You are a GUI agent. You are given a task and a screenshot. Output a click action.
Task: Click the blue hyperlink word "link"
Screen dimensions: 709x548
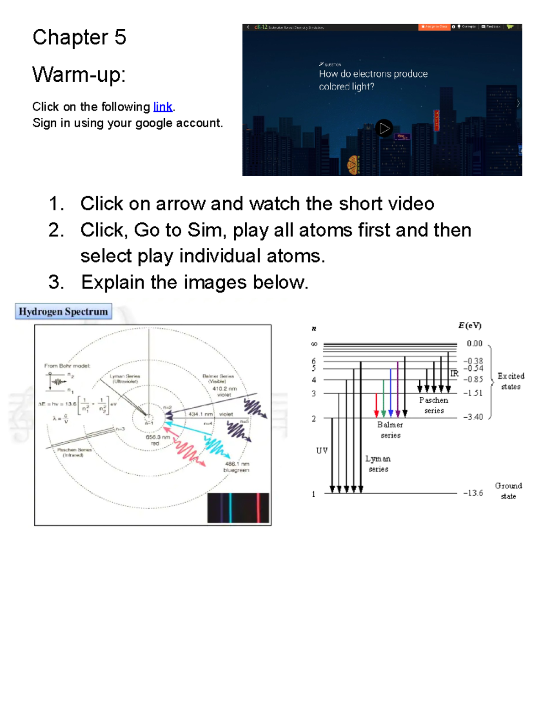(x=163, y=107)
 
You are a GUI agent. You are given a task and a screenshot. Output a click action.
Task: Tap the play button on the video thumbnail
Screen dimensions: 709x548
(x=384, y=128)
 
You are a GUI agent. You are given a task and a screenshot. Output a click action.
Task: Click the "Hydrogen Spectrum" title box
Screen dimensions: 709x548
(x=63, y=311)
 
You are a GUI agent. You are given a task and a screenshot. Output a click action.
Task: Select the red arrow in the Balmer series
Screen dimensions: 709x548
(x=376, y=404)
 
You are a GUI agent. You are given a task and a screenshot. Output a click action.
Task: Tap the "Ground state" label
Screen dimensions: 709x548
(x=508, y=491)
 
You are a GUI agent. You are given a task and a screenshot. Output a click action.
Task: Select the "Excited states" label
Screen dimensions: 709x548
(x=511, y=381)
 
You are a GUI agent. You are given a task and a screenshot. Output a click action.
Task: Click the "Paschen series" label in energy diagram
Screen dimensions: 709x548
(x=434, y=405)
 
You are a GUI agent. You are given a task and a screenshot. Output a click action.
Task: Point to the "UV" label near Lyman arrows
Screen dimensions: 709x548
(x=322, y=451)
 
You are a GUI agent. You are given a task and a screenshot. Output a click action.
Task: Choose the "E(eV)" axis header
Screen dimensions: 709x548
(x=469, y=326)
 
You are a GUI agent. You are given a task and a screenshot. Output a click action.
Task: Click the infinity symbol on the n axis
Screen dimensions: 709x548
(x=314, y=344)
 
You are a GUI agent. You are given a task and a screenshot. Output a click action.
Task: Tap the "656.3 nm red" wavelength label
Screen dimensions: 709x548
(x=158, y=440)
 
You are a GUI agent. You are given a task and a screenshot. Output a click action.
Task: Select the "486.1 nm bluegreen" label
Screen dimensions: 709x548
(x=236, y=467)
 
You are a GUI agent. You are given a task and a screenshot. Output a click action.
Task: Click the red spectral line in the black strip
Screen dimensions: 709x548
(x=258, y=508)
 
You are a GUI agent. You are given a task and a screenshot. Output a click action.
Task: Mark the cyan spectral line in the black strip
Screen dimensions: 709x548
(x=231, y=508)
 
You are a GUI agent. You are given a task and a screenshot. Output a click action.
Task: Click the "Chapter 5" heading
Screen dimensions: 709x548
(x=79, y=37)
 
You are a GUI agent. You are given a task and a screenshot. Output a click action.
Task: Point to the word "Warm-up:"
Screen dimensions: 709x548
(x=79, y=74)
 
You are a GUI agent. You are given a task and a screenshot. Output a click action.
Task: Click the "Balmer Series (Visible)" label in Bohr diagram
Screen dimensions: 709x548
(x=218, y=378)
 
